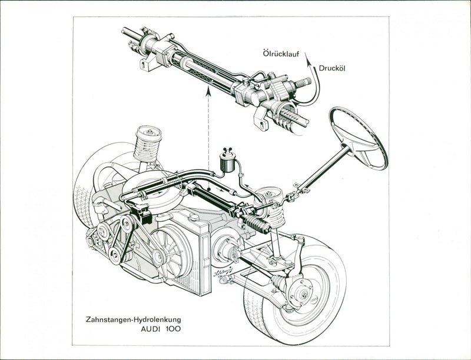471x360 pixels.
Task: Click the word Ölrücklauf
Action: [281, 54]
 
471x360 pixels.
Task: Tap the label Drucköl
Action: [331, 68]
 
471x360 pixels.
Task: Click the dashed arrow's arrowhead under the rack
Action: [208, 90]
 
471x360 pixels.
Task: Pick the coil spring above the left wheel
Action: [147, 144]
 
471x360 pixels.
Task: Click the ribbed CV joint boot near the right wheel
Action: [277, 283]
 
